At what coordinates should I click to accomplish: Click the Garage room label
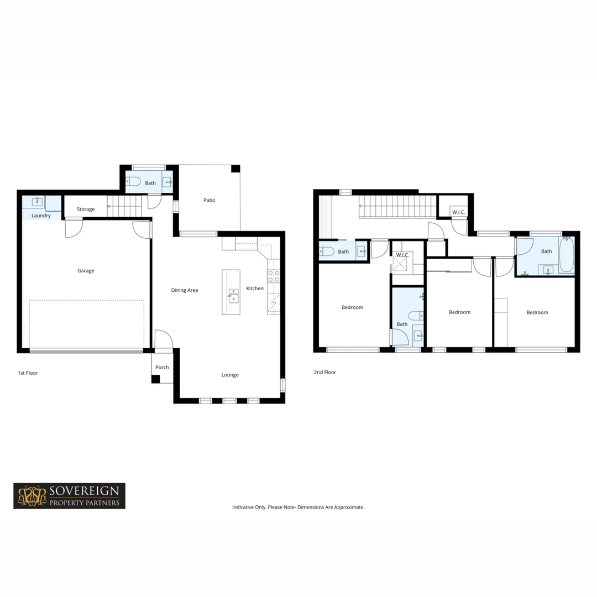coord(86,271)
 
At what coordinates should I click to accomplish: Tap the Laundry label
coord(41,216)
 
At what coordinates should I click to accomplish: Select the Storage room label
coord(86,210)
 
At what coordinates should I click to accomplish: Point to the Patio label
coord(209,200)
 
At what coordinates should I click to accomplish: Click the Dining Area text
coord(185,290)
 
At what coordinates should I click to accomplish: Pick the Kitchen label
coord(255,289)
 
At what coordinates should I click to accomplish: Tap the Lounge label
coord(230,375)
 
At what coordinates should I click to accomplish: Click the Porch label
coord(162,368)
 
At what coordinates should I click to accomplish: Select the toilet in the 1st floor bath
coord(133,181)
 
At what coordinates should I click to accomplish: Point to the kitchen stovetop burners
coord(274,276)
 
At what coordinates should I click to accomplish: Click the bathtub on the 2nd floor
coord(566,255)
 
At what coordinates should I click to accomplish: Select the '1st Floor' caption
coord(28,373)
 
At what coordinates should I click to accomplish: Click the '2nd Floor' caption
coord(325,373)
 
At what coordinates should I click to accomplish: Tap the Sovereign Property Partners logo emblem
coord(32,496)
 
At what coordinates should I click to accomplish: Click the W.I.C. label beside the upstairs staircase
coord(458,212)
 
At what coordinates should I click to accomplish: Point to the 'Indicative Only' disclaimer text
coord(298,507)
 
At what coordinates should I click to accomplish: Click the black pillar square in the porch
coord(156,379)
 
